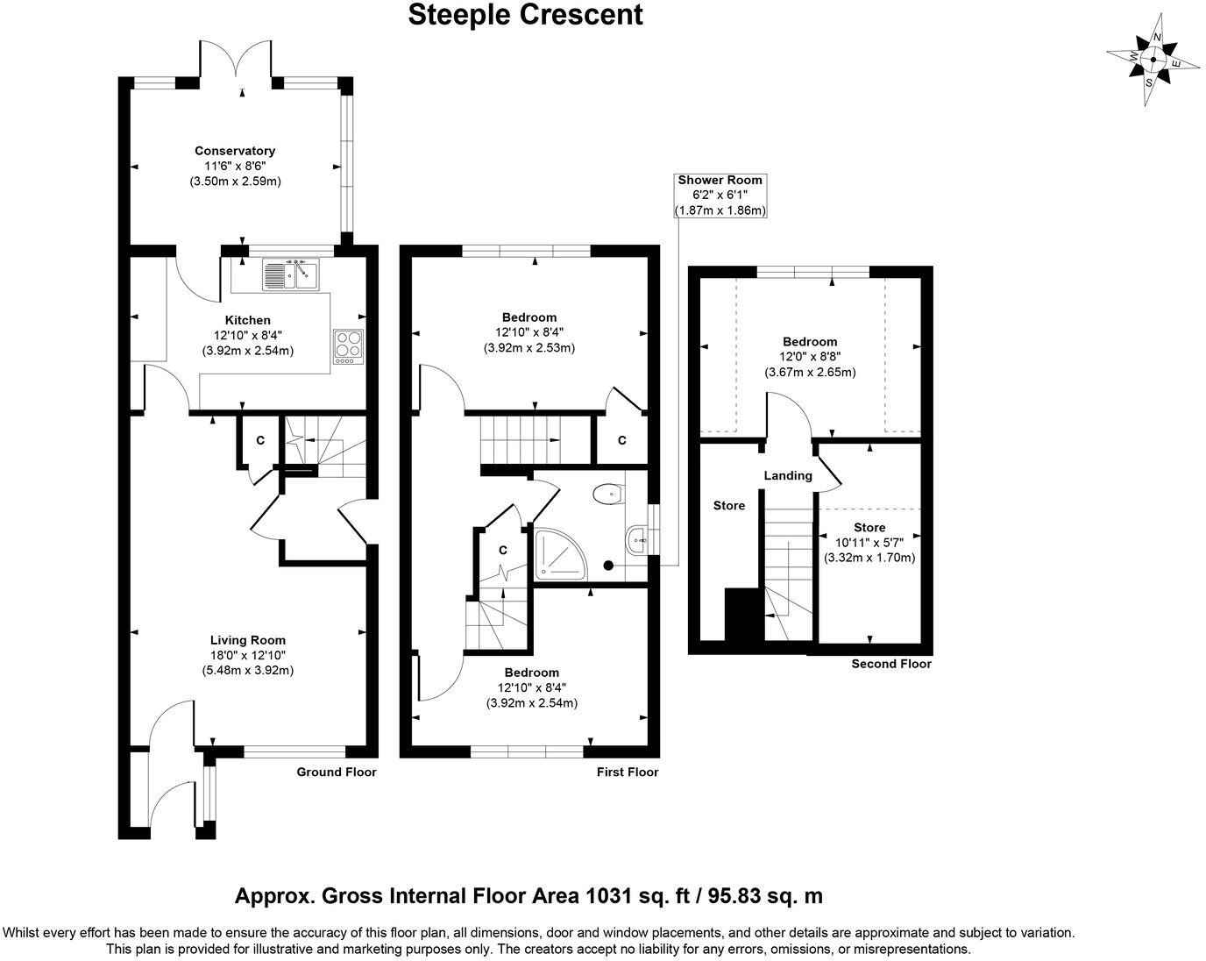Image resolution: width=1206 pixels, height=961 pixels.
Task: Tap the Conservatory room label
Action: [x=235, y=151]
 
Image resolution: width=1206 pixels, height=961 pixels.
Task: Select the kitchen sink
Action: [x=290, y=274]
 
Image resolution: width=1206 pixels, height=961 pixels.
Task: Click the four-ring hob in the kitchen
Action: [x=348, y=346]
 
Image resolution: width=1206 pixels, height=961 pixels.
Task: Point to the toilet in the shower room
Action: [x=608, y=494]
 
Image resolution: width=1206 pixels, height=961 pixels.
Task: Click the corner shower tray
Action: [x=560, y=554]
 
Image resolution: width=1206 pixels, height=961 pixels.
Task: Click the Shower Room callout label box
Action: [x=720, y=196]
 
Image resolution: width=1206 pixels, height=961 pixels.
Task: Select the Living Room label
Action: [x=248, y=640]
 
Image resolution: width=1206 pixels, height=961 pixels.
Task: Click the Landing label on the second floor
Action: [x=788, y=475]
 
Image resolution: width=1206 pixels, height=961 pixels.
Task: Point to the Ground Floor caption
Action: [x=337, y=772]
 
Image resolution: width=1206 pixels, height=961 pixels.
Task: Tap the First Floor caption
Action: [x=628, y=772]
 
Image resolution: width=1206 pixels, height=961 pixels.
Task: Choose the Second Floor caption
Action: [x=891, y=664]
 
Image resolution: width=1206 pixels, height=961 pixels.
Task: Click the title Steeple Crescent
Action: [x=525, y=15]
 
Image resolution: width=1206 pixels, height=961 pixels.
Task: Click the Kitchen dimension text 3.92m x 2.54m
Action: [x=248, y=351]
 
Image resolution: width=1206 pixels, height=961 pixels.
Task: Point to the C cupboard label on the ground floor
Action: [x=260, y=441]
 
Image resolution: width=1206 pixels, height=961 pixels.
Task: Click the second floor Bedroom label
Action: [x=811, y=342]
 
